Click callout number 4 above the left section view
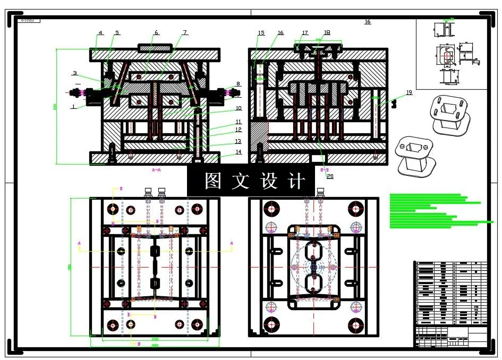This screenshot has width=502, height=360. [100, 33]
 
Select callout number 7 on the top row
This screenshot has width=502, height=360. [185, 32]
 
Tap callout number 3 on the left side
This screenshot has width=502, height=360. [75, 73]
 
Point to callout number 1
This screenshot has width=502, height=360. [73, 106]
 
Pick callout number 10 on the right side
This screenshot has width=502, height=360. [239, 108]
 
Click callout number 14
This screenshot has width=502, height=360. [239, 152]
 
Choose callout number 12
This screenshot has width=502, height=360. [239, 130]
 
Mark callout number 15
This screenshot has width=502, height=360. [261, 33]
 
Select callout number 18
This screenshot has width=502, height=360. [327, 32]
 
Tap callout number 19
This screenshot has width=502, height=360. [409, 93]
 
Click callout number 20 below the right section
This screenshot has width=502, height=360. [330, 176]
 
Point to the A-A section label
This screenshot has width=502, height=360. [156, 170]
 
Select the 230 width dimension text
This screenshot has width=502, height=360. [155, 339]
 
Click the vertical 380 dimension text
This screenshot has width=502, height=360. [70, 267]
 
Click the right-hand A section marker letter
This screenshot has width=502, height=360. [232, 243]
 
